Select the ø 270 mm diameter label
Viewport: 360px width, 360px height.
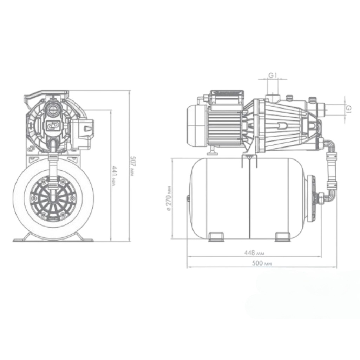pos(169,198)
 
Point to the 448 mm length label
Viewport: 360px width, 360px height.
pos(254,253)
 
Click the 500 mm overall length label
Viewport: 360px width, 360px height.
pos(262,263)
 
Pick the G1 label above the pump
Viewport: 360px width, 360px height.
pos(273,75)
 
